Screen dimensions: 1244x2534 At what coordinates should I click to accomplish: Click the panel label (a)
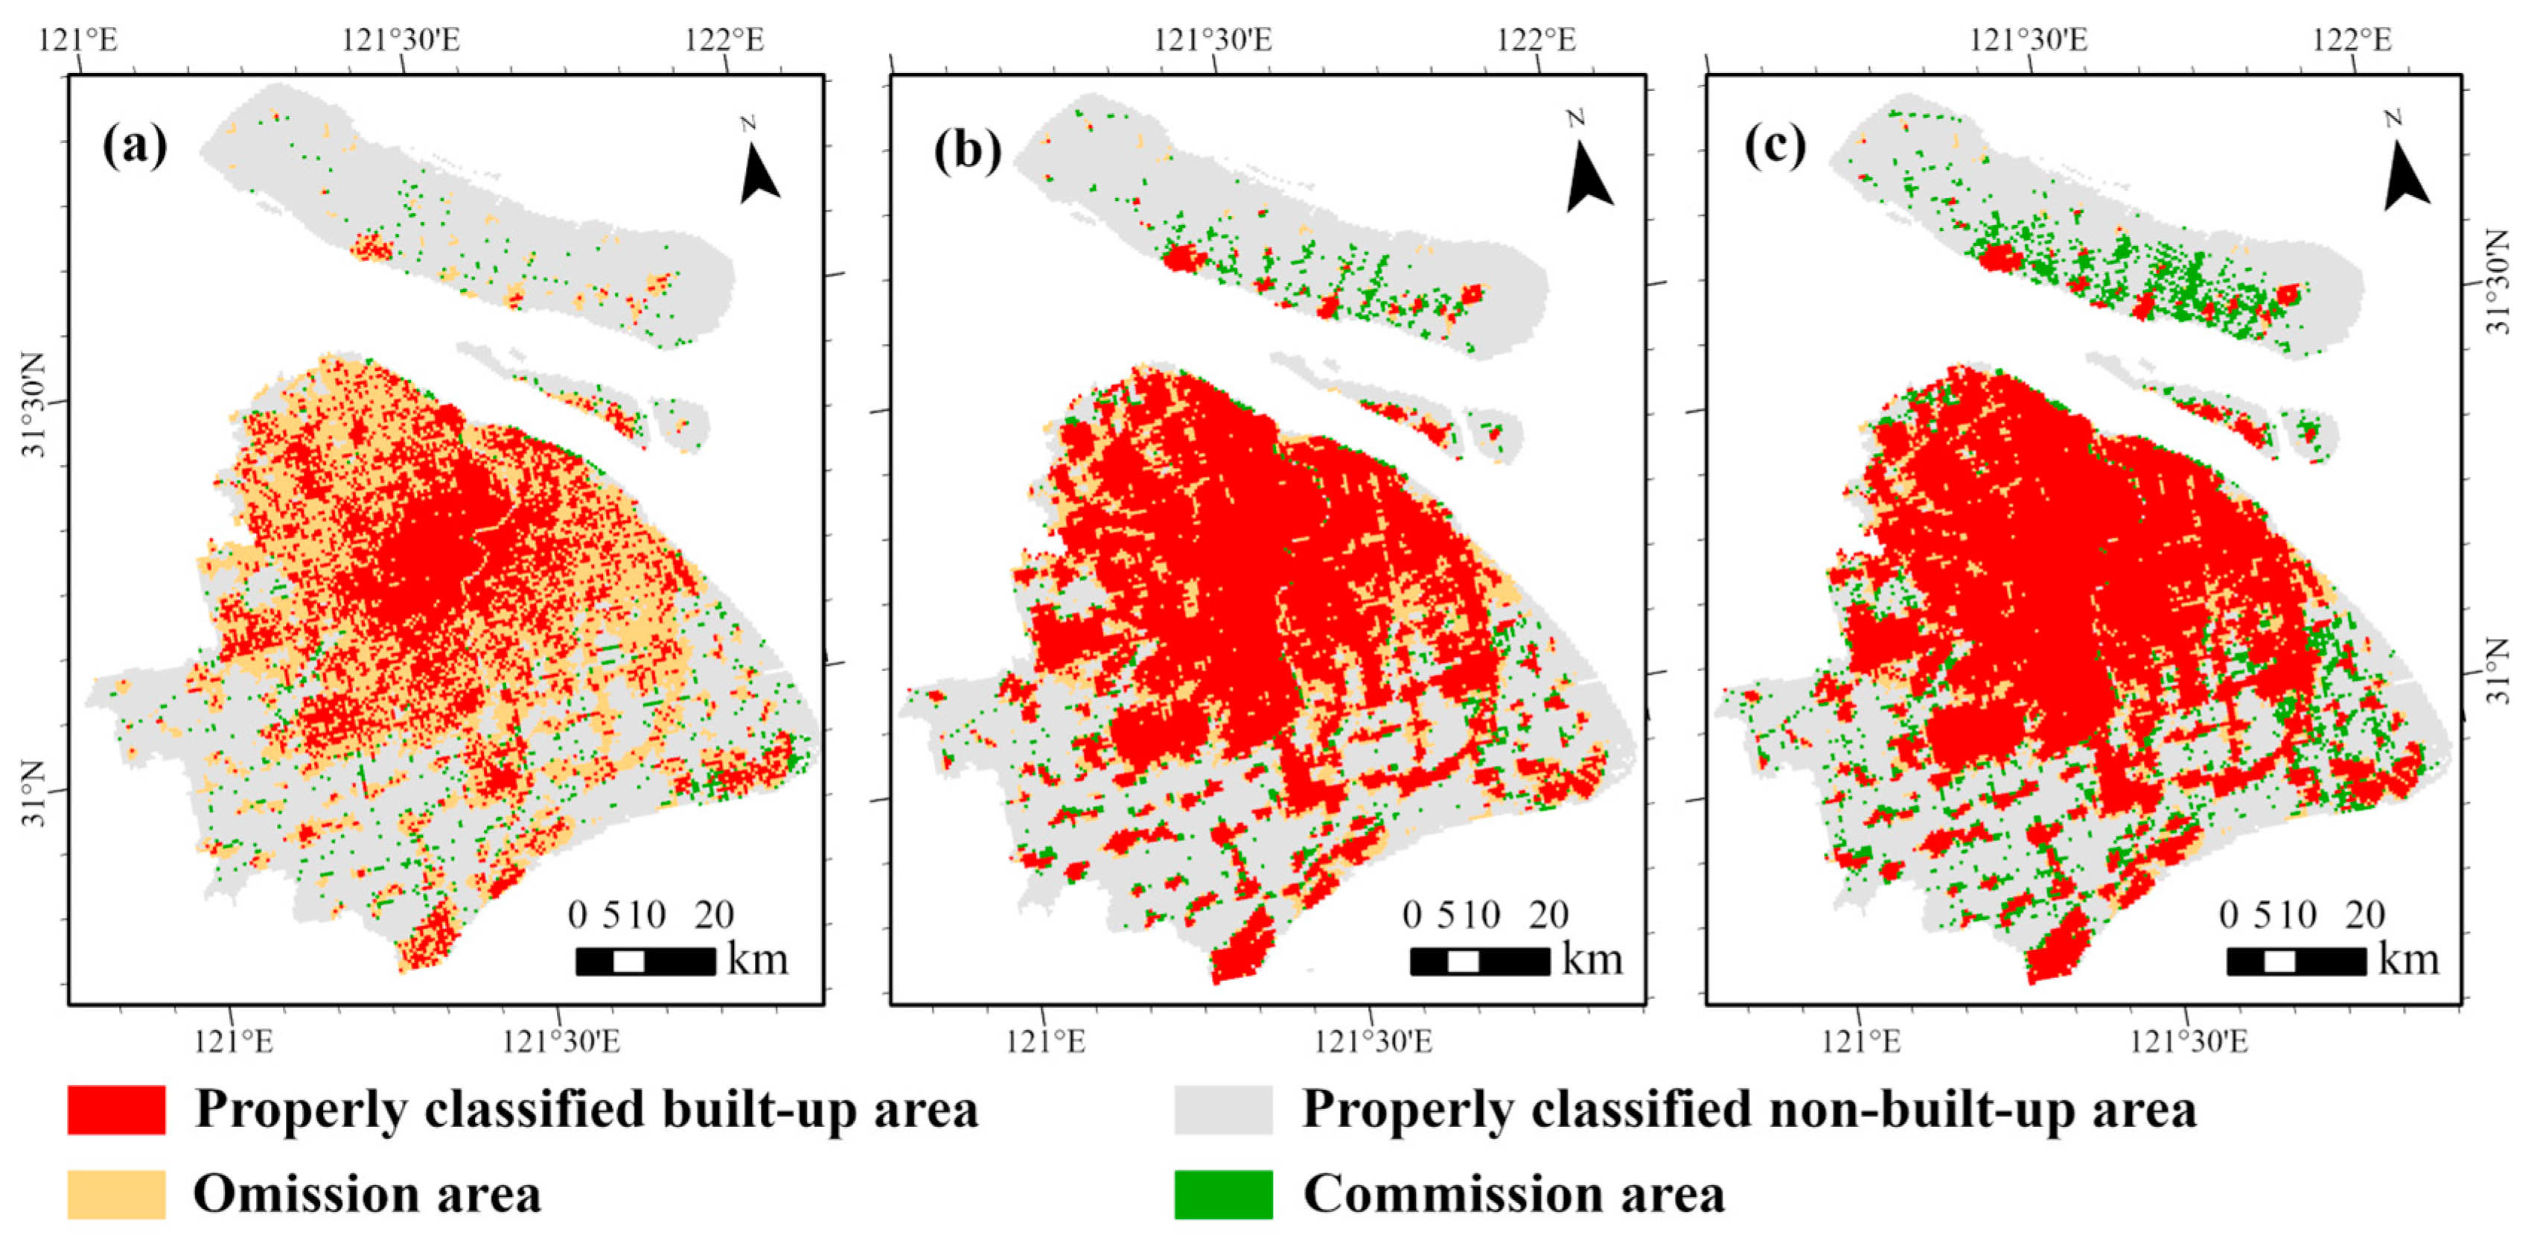pyautogui.click(x=135, y=146)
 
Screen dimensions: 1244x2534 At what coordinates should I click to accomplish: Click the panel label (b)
pyautogui.click(x=967, y=150)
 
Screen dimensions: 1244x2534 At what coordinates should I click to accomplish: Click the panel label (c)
pyautogui.click(x=1775, y=146)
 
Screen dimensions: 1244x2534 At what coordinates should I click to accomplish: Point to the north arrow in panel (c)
pyautogui.click(x=2404, y=169)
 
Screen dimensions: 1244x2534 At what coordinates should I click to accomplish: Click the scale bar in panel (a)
pyautogui.click(x=645, y=960)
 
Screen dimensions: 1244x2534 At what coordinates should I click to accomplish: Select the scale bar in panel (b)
pyautogui.click(x=1479, y=960)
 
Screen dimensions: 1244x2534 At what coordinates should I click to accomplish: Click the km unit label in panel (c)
pyautogui.click(x=2408, y=959)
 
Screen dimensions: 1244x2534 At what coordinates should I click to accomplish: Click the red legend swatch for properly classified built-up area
pyautogui.click(x=116, y=1109)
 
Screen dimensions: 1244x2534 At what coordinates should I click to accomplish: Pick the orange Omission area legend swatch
pyautogui.click(x=116, y=1194)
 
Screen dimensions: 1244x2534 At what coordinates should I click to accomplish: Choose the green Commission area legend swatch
pyautogui.click(x=1223, y=1194)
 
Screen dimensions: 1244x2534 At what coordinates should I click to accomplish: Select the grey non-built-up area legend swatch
pyautogui.click(x=1223, y=1109)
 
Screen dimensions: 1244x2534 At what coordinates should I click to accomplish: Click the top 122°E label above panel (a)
pyautogui.click(x=724, y=39)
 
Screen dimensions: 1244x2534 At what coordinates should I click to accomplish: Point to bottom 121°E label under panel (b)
pyautogui.click(x=1044, y=1041)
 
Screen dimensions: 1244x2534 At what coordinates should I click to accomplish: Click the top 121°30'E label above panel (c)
pyautogui.click(x=2029, y=39)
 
